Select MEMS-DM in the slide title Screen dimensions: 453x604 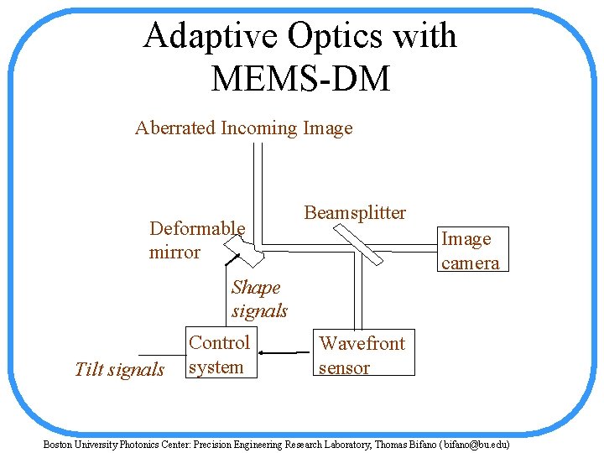300,79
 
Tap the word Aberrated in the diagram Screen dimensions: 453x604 174,128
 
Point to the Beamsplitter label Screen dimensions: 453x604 355,213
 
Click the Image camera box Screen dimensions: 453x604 471,250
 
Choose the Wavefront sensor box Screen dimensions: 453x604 363,355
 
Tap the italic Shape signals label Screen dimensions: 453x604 258,299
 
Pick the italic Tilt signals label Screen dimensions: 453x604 119,370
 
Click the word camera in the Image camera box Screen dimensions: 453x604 471,263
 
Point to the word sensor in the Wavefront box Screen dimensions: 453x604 344,367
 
